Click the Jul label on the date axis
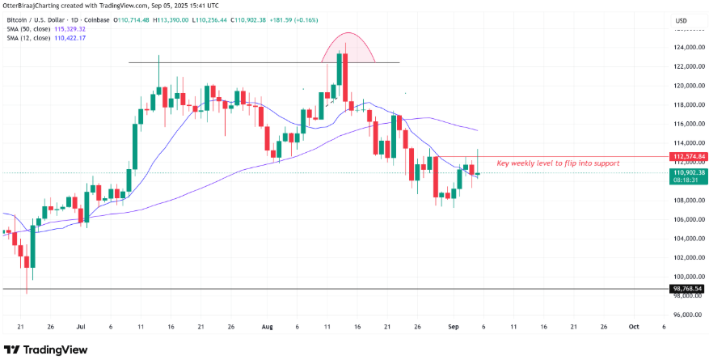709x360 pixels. [x=80, y=327]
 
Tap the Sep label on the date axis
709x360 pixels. [x=454, y=327]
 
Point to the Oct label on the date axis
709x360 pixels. [x=633, y=327]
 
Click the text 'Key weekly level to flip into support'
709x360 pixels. [x=558, y=163]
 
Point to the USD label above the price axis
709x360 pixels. [x=681, y=20]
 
